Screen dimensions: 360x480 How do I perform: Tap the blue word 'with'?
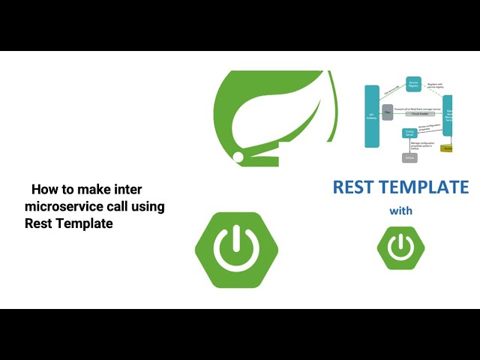click(x=400, y=211)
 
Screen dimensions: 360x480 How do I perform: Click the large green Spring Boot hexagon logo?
click(x=236, y=250)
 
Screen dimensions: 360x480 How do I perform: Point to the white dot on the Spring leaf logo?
click(x=238, y=157)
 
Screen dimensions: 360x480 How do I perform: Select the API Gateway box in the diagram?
click(x=370, y=115)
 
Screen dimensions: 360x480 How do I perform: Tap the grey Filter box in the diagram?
click(x=388, y=112)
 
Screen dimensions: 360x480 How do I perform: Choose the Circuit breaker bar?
click(x=420, y=114)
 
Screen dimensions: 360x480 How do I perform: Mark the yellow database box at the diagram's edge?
click(x=447, y=148)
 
